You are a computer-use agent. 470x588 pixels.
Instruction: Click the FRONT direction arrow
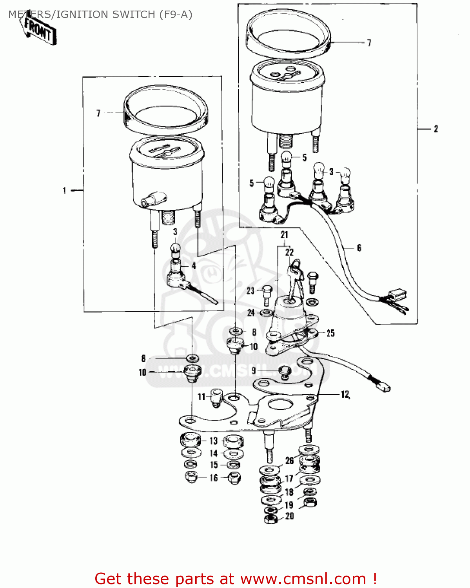pos(38,30)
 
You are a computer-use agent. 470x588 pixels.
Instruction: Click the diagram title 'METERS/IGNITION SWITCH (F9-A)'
pos(100,15)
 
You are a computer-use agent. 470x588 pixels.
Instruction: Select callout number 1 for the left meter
pos(64,191)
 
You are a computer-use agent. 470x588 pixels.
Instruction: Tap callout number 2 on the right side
pos(436,129)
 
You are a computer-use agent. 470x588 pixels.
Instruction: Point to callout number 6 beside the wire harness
pos(359,248)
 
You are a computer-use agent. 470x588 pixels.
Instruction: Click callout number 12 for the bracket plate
pos(345,394)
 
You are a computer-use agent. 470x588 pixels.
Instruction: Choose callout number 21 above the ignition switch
pos(284,235)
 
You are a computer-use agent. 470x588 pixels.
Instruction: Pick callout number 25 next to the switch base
pos(330,333)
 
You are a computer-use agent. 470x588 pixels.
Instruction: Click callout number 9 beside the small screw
pos(254,370)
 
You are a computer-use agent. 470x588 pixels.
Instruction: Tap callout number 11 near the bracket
pos(201,397)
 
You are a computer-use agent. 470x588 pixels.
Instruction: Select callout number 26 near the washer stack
pos(289,461)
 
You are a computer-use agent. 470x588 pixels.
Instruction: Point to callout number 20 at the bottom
pos(289,516)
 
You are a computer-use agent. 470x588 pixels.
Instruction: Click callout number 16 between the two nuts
pos(214,477)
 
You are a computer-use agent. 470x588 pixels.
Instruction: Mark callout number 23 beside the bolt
pos(250,291)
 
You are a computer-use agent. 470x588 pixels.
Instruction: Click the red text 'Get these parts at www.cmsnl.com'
pos(235,579)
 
